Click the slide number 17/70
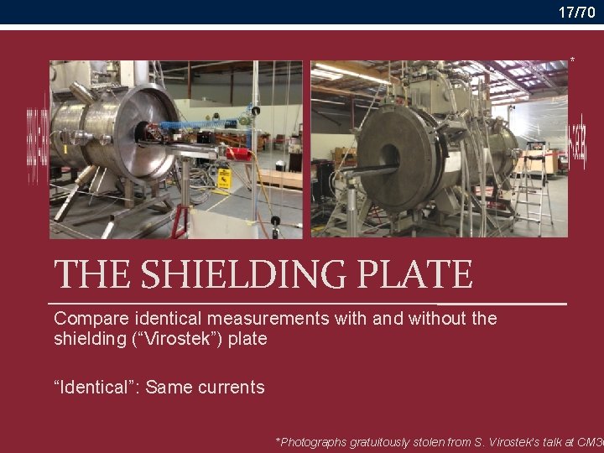pos(577,12)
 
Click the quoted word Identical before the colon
pos(99,388)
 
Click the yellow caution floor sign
pos(224,178)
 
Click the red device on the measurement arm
pos(238,154)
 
